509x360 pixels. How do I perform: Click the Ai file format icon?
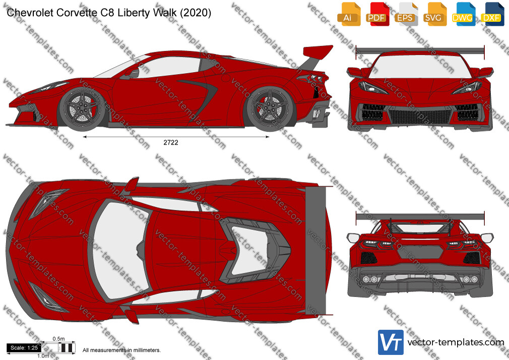348,14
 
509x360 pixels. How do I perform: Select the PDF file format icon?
377,14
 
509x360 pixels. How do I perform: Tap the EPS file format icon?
406,14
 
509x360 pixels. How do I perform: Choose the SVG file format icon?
434,14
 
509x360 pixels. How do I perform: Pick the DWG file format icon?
463,14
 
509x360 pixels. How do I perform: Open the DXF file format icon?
492,14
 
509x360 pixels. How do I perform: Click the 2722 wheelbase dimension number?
171,142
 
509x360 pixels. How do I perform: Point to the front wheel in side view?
83,109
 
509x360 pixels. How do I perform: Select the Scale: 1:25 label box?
24,348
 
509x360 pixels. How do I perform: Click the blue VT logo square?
391,342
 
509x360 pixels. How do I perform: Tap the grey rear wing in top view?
316,251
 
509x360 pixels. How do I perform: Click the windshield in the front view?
420,66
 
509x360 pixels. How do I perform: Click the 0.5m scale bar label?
59,339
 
